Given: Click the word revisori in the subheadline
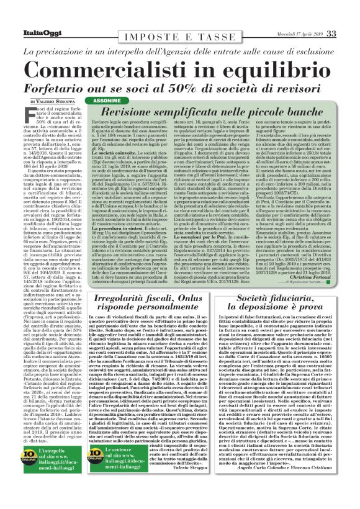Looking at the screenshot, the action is [295, 84].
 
